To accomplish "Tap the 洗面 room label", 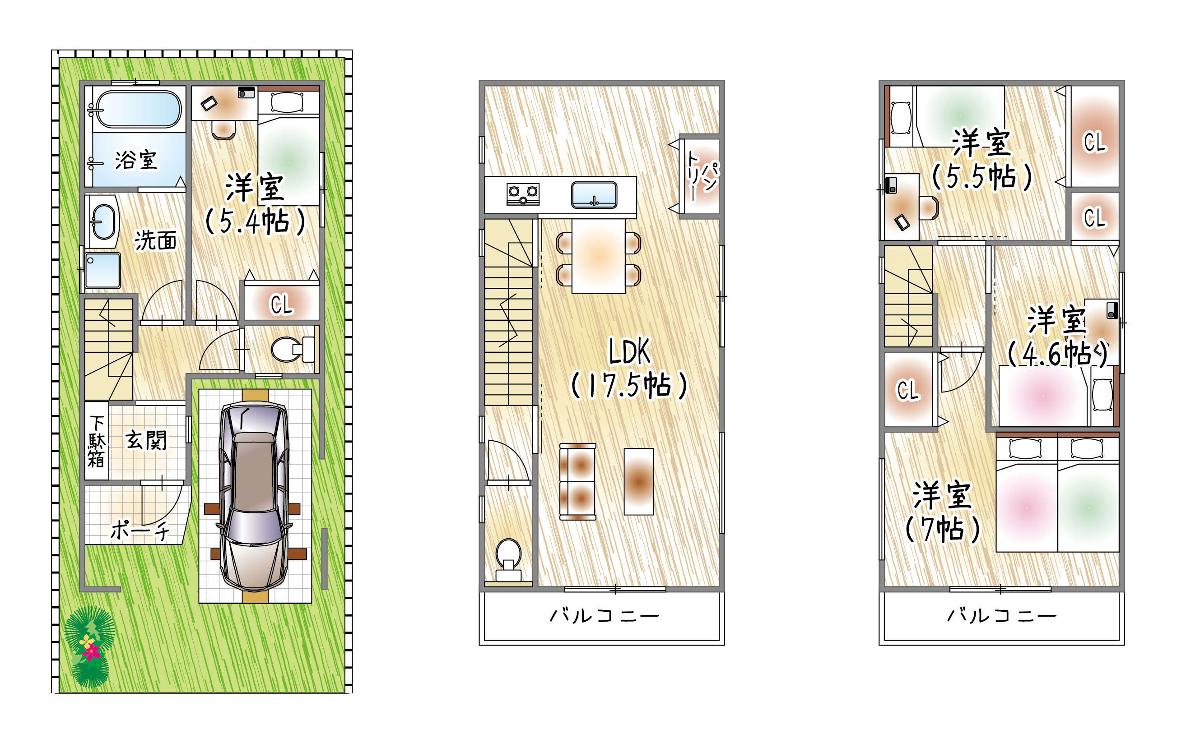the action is pos(156,240).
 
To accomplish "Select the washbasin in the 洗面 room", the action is pos(103,222).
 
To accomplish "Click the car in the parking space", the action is pos(255,496).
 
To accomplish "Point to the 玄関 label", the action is pos(146,440).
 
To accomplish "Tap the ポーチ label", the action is pos(140,531).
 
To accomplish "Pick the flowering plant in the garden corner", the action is pos(90,646).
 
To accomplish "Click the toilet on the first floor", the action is pos(292,350).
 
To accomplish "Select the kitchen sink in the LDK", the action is pos(595,195).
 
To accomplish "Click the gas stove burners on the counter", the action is pos(523,194).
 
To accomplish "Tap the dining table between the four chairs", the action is pos(599,256).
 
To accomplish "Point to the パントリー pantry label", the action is pos(702,176).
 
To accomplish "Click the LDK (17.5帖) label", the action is pos(629,368).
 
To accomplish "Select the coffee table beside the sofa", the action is pos(639,481).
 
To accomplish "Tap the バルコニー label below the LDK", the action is pos(605,616).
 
